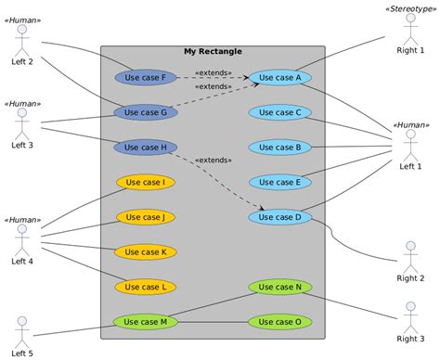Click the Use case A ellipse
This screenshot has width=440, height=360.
tap(279, 78)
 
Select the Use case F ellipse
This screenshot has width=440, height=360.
tap(145, 78)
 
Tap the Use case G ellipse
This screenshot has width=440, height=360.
tap(145, 112)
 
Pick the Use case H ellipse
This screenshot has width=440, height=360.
tap(145, 147)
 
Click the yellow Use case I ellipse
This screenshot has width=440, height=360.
tap(145, 182)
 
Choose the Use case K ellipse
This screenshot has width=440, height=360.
tap(145, 251)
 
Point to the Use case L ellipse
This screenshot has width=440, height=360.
tap(145, 287)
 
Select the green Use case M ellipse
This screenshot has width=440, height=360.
tap(145, 322)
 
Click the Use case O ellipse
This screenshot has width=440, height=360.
tap(279, 322)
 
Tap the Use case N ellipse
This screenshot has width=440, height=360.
tap(279, 287)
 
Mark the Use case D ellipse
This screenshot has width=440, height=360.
tap(279, 217)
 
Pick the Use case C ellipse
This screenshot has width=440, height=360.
tap(279, 112)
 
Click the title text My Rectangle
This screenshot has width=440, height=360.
tap(213, 52)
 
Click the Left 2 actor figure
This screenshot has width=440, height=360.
tap(22, 39)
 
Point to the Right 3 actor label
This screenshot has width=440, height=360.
tap(410, 339)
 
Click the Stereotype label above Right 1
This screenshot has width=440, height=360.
tap(410, 8)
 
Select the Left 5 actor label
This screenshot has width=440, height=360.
tap(22, 354)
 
